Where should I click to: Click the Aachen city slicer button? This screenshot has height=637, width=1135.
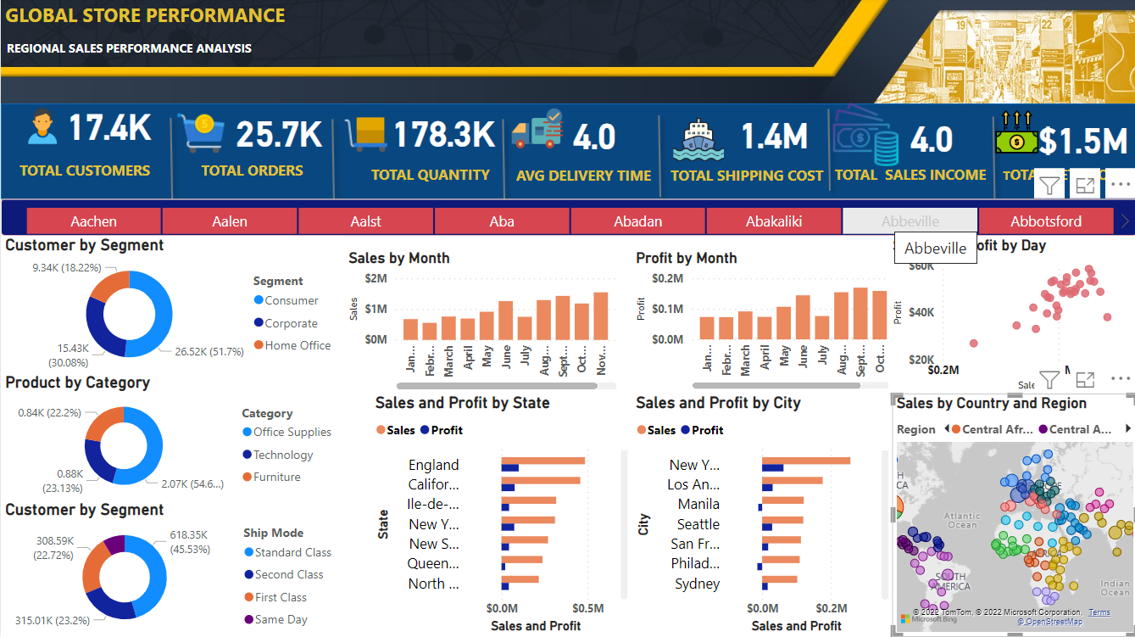pos(94,221)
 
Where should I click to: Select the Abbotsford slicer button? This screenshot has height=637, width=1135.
pos(1046,221)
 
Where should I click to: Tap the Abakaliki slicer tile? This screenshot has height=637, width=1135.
pos(774,221)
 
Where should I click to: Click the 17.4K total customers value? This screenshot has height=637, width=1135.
pos(109,129)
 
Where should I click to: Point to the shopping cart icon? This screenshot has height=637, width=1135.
pos(200,133)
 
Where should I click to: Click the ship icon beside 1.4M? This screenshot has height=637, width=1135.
pos(698,140)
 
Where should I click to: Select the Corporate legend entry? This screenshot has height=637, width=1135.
pos(291,323)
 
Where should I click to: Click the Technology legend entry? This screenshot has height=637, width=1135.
pos(283,455)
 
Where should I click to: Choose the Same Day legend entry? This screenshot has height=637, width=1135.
pos(281,619)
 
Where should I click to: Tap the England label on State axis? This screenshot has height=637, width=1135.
pos(433,465)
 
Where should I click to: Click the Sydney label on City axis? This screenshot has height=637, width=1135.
pos(697,584)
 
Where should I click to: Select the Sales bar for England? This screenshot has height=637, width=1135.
pos(542,461)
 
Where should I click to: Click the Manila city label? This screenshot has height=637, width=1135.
pos(698,504)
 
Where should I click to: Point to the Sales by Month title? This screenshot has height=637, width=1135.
pos(398,258)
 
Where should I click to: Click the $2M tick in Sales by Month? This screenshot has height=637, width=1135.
pos(376,278)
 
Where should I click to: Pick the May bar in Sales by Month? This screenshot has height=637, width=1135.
pos(487,326)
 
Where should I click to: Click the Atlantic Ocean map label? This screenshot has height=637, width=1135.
pos(961,520)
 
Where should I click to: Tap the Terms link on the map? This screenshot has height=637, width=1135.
pos(1099,612)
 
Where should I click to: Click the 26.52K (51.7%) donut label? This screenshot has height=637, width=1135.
pos(209,351)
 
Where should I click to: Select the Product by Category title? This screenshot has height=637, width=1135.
pos(77,383)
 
